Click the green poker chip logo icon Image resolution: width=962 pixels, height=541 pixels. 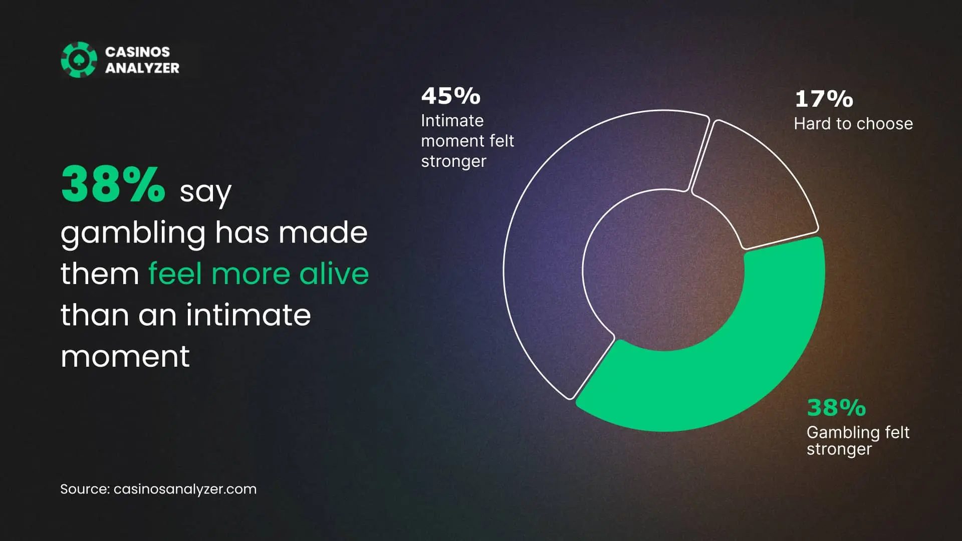79,60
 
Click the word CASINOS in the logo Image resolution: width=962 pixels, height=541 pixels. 137,52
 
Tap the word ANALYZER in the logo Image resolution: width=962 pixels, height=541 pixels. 142,68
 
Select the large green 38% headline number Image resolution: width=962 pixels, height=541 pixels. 113,184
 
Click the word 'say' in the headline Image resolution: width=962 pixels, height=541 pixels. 205,192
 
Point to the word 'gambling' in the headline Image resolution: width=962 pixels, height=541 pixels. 133,234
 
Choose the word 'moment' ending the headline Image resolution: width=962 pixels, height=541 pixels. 125,357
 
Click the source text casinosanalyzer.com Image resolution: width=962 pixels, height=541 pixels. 185,489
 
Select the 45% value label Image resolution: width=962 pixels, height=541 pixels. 450,96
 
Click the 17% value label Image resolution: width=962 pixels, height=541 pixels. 824,99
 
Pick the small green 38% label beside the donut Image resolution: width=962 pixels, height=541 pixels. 836,408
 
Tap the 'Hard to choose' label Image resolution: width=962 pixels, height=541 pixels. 853,124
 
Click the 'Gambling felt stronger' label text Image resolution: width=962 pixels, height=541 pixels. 858,441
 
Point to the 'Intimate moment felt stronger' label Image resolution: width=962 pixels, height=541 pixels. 467,141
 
